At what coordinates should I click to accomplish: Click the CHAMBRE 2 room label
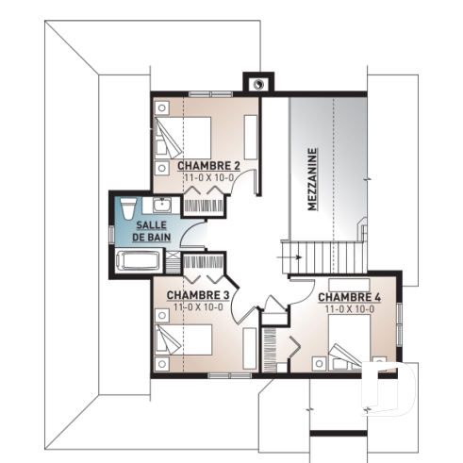point(209,165)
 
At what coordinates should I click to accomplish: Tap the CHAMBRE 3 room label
point(197,294)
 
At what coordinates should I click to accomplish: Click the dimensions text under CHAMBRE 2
point(209,176)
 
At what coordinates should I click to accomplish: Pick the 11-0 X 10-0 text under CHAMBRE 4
point(350,308)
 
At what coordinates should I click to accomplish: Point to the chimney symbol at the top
point(256,83)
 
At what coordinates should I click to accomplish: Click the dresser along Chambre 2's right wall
point(251,137)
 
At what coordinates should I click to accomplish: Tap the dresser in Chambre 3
point(250,349)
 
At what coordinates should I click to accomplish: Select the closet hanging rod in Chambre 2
point(205,200)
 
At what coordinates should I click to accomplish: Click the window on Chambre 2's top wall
point(209,93)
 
